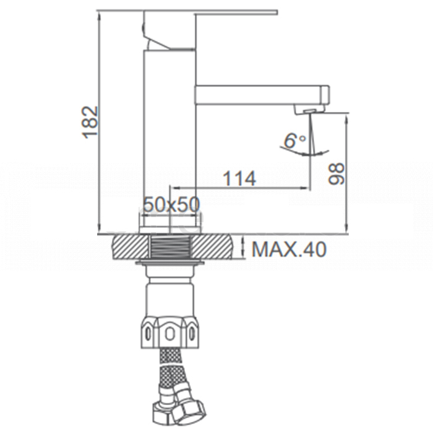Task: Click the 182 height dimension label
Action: pos(90,122)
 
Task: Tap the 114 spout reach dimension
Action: pos(239,179)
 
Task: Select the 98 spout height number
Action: pos(336,174)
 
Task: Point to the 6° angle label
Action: pos(294,140)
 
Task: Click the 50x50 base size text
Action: pos(171,205)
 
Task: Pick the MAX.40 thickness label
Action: pos(289,249)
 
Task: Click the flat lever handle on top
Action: pos(210,12)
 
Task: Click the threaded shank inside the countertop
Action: pos(171,247)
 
